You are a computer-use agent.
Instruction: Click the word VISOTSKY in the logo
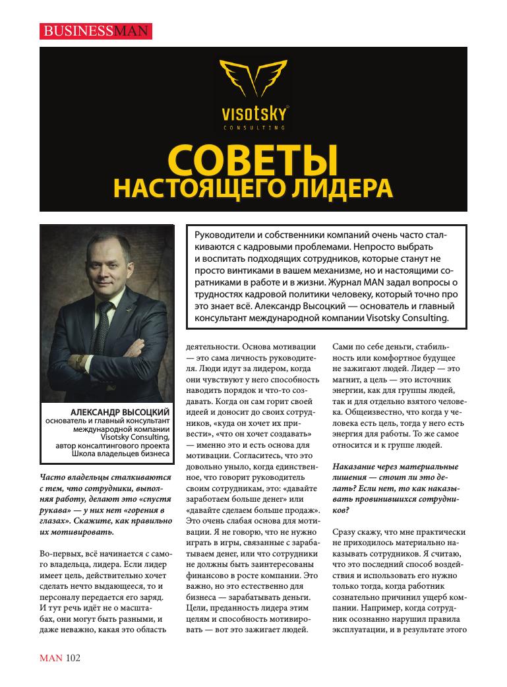[x=254, y=113]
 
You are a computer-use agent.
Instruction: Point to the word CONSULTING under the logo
[x=254, y=126]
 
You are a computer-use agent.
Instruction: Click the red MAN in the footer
[x=51, y=657]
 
